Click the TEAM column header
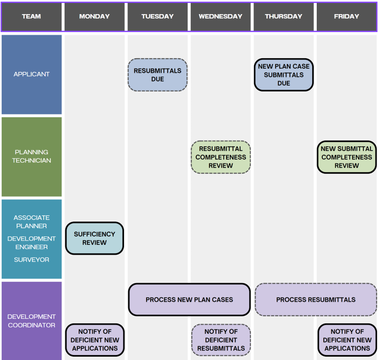coord(32,17)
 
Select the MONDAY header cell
coord(94,17)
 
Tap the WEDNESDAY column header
coord(220,17)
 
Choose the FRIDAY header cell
coord(346,17)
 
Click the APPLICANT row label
coord(32,74)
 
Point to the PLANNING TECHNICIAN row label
coord(32,156)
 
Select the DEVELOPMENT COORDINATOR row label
coord(32,321)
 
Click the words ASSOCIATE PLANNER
coord(32,222)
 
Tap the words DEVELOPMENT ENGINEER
coord(32,243)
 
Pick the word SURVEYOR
coord(32,260)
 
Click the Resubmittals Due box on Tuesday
coord(158,75)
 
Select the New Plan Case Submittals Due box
coord(284,75)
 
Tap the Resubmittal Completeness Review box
coord(220,157)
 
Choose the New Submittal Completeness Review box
coord(346,157)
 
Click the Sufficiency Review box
coord(94,238)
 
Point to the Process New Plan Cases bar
coord(189,300)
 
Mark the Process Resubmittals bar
coord(316,300)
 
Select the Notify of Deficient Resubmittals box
coord(221,340)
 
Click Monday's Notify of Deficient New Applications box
coord(95,340)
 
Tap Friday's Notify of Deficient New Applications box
coord(347,340)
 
